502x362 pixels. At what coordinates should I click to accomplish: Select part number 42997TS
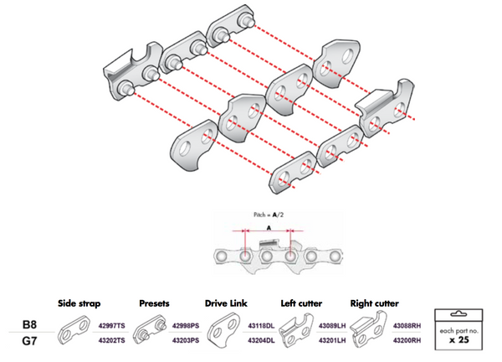coord(112,323)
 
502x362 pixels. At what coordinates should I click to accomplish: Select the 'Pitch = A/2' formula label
coord(266,215)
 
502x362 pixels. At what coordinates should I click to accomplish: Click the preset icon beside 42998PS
coord(151,333)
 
